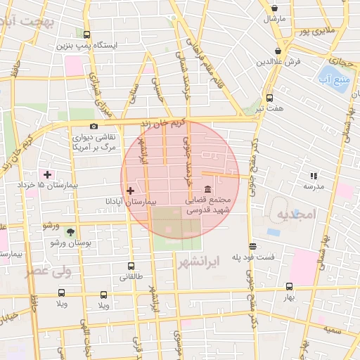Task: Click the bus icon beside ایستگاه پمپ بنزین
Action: tap(86, 34)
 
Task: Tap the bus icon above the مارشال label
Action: tap(274, 8)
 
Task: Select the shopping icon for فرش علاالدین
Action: tap(279, 51)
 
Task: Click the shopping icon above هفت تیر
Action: tap(269, 98)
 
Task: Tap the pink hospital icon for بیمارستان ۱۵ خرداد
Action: tap(47, 174)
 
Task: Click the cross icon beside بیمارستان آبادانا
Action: tap(130, 191)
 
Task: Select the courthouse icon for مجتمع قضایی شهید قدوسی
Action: tap(208, 190)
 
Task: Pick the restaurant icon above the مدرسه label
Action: tap(313, 176)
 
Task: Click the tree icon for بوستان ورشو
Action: tap(70, 231)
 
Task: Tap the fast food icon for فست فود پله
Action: tap(252, 246)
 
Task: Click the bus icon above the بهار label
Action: tap(289, 286)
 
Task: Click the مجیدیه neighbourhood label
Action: tap(292, 213)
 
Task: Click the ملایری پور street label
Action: tap(314, 31)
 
